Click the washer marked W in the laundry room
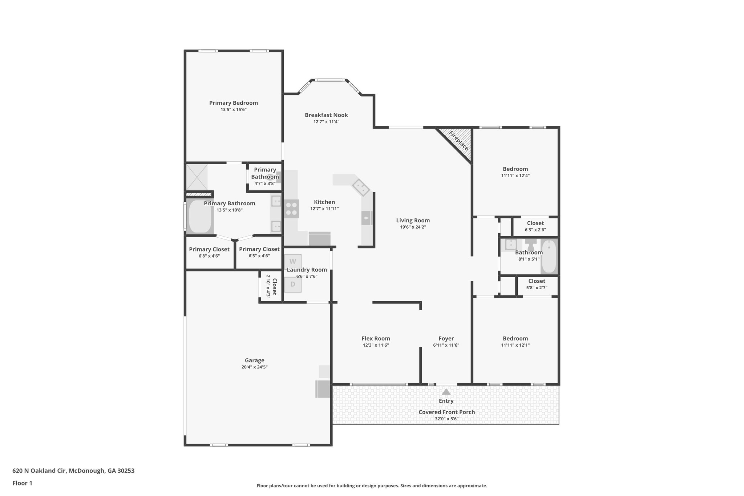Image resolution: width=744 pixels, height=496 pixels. [292, 261]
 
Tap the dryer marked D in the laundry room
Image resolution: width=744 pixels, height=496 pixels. [292, 285]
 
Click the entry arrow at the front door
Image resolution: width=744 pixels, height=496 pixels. [446, 392]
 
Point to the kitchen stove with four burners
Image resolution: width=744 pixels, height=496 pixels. [291, 209]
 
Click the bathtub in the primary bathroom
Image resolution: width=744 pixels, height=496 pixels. [200, 217]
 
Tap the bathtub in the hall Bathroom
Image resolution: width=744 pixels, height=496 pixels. [549, 257]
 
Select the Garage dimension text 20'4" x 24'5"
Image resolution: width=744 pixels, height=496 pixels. [254, 367]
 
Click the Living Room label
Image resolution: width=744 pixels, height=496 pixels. [413, 220]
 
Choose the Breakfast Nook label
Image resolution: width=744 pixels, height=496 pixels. [326, 115]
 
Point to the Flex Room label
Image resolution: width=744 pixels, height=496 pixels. [376, 338]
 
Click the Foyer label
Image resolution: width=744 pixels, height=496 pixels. [446, 338]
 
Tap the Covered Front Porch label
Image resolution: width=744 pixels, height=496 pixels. [446, 412]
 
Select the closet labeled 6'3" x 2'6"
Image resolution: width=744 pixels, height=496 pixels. [535, 226]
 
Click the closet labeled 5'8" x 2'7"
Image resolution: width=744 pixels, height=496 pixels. [537, 284]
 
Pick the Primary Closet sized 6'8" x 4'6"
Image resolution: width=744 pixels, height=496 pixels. [209, 252]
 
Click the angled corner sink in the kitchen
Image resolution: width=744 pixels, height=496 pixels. [361, 187]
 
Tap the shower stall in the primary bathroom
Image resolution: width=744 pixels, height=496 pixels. [197, 177]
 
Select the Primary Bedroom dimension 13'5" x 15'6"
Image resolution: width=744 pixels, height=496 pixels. [234, 109]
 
